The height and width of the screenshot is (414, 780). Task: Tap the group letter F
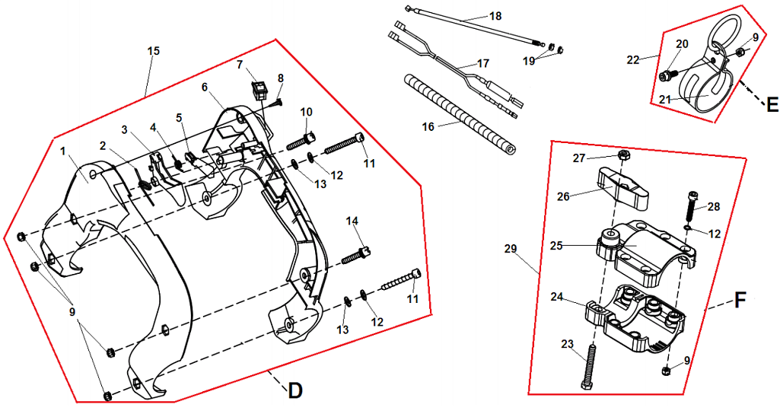[x=740, y=301]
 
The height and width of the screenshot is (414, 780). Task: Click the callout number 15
[x=153, y=51]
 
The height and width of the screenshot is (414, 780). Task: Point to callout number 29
[x=511, y=249]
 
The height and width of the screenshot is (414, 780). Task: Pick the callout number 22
[x=632, y=58]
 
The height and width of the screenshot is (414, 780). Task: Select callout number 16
[x=428, y=126]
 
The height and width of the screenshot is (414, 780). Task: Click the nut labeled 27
[x=622, y=156]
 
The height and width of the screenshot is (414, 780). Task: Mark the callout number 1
[x=63, y=152]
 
